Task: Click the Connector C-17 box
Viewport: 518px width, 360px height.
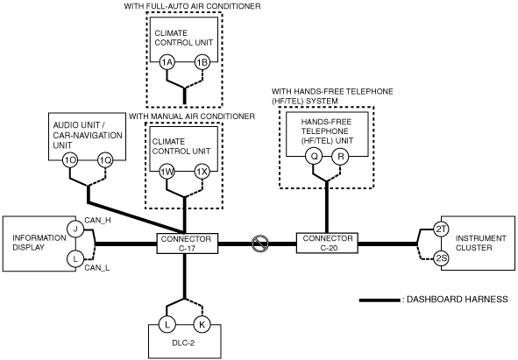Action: click(188, 244)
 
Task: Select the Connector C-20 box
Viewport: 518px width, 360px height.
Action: click(327, 244)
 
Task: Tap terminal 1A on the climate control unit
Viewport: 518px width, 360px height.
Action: click(167, 62)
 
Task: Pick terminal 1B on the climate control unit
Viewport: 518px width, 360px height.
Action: click(202, 62)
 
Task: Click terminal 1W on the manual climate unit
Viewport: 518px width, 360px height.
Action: click(167, 172)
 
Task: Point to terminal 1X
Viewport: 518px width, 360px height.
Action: click(202, 172)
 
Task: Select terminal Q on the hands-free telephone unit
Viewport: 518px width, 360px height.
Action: click(314, 156)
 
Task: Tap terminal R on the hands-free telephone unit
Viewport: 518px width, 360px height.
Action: click(341, 156)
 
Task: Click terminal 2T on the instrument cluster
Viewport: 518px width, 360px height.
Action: click(441, 229)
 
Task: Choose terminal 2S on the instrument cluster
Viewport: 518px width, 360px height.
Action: click(441, 258)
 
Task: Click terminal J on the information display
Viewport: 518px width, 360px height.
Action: click(75, 229)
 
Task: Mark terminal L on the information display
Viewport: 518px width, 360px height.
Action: click(75, 259)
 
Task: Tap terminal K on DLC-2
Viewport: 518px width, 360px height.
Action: click(202, 324)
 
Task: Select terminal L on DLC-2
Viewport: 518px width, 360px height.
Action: click(167, 324)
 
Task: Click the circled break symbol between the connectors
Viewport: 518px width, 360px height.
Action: click(260, 244)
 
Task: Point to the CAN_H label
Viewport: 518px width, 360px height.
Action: click(97, 221)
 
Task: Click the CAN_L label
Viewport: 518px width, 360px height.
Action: click(96, 267)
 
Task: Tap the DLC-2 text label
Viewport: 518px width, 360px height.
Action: click(183, 342)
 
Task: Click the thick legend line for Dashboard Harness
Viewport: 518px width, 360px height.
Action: click(380, 300)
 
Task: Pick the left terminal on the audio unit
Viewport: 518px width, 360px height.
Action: click(70, 160)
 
